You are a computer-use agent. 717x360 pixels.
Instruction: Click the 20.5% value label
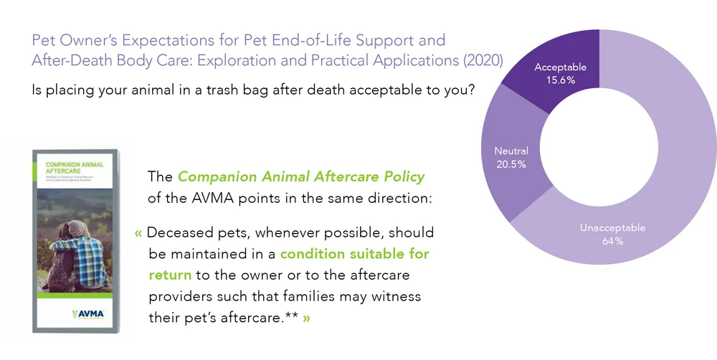pyautogui.click(x=511, y=164)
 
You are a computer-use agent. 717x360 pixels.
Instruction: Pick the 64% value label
pyautogui.click(x=612, y=241)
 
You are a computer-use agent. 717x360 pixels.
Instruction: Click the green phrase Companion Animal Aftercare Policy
pyautogui.click(x=301, y=176)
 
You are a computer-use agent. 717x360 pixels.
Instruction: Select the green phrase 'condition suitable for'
pyautogui.click(x=366, y=254)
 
